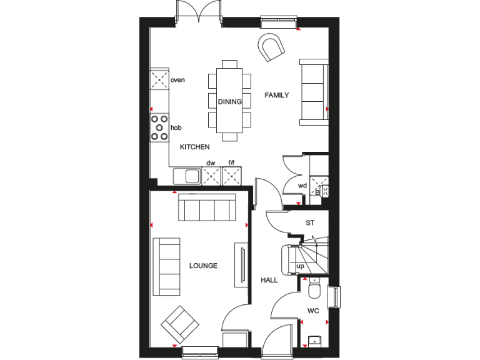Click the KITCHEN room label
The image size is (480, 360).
pyautogui.click(x=194, y=147)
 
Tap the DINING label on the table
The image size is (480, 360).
pyautogui.click(x=229, y=102)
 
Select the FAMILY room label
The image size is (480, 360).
pyautogui.click(x=276, y=96)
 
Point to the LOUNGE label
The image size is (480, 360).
pyautogui.click(x=203, y=266)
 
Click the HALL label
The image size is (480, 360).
pyautogui.click(x=269, y=281)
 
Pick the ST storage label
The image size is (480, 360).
pyautogui.click(x=310, y=223)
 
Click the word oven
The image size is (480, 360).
pyautogui.click(x=177, y=80)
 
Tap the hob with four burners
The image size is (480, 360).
pyautogui.click(x=159, y=127)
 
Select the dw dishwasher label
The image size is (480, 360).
pyautogui.click(x=211, y=163)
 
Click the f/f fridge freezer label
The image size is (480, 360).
pyautogui.click(x=231, y=163)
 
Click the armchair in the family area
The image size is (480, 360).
pyautogui.click(x=272, y=47)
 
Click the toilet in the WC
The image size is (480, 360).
pyautogui.click(x=314, y=289)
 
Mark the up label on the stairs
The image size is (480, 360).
pyautogui.click(x=300, y=266)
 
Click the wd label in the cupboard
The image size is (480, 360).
pyautogui.click(x=302, y=186)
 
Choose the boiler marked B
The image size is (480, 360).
pyautogui.click(x=318, y=192)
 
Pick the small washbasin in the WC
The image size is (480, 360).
pyautogui.click(x=314, y=341)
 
